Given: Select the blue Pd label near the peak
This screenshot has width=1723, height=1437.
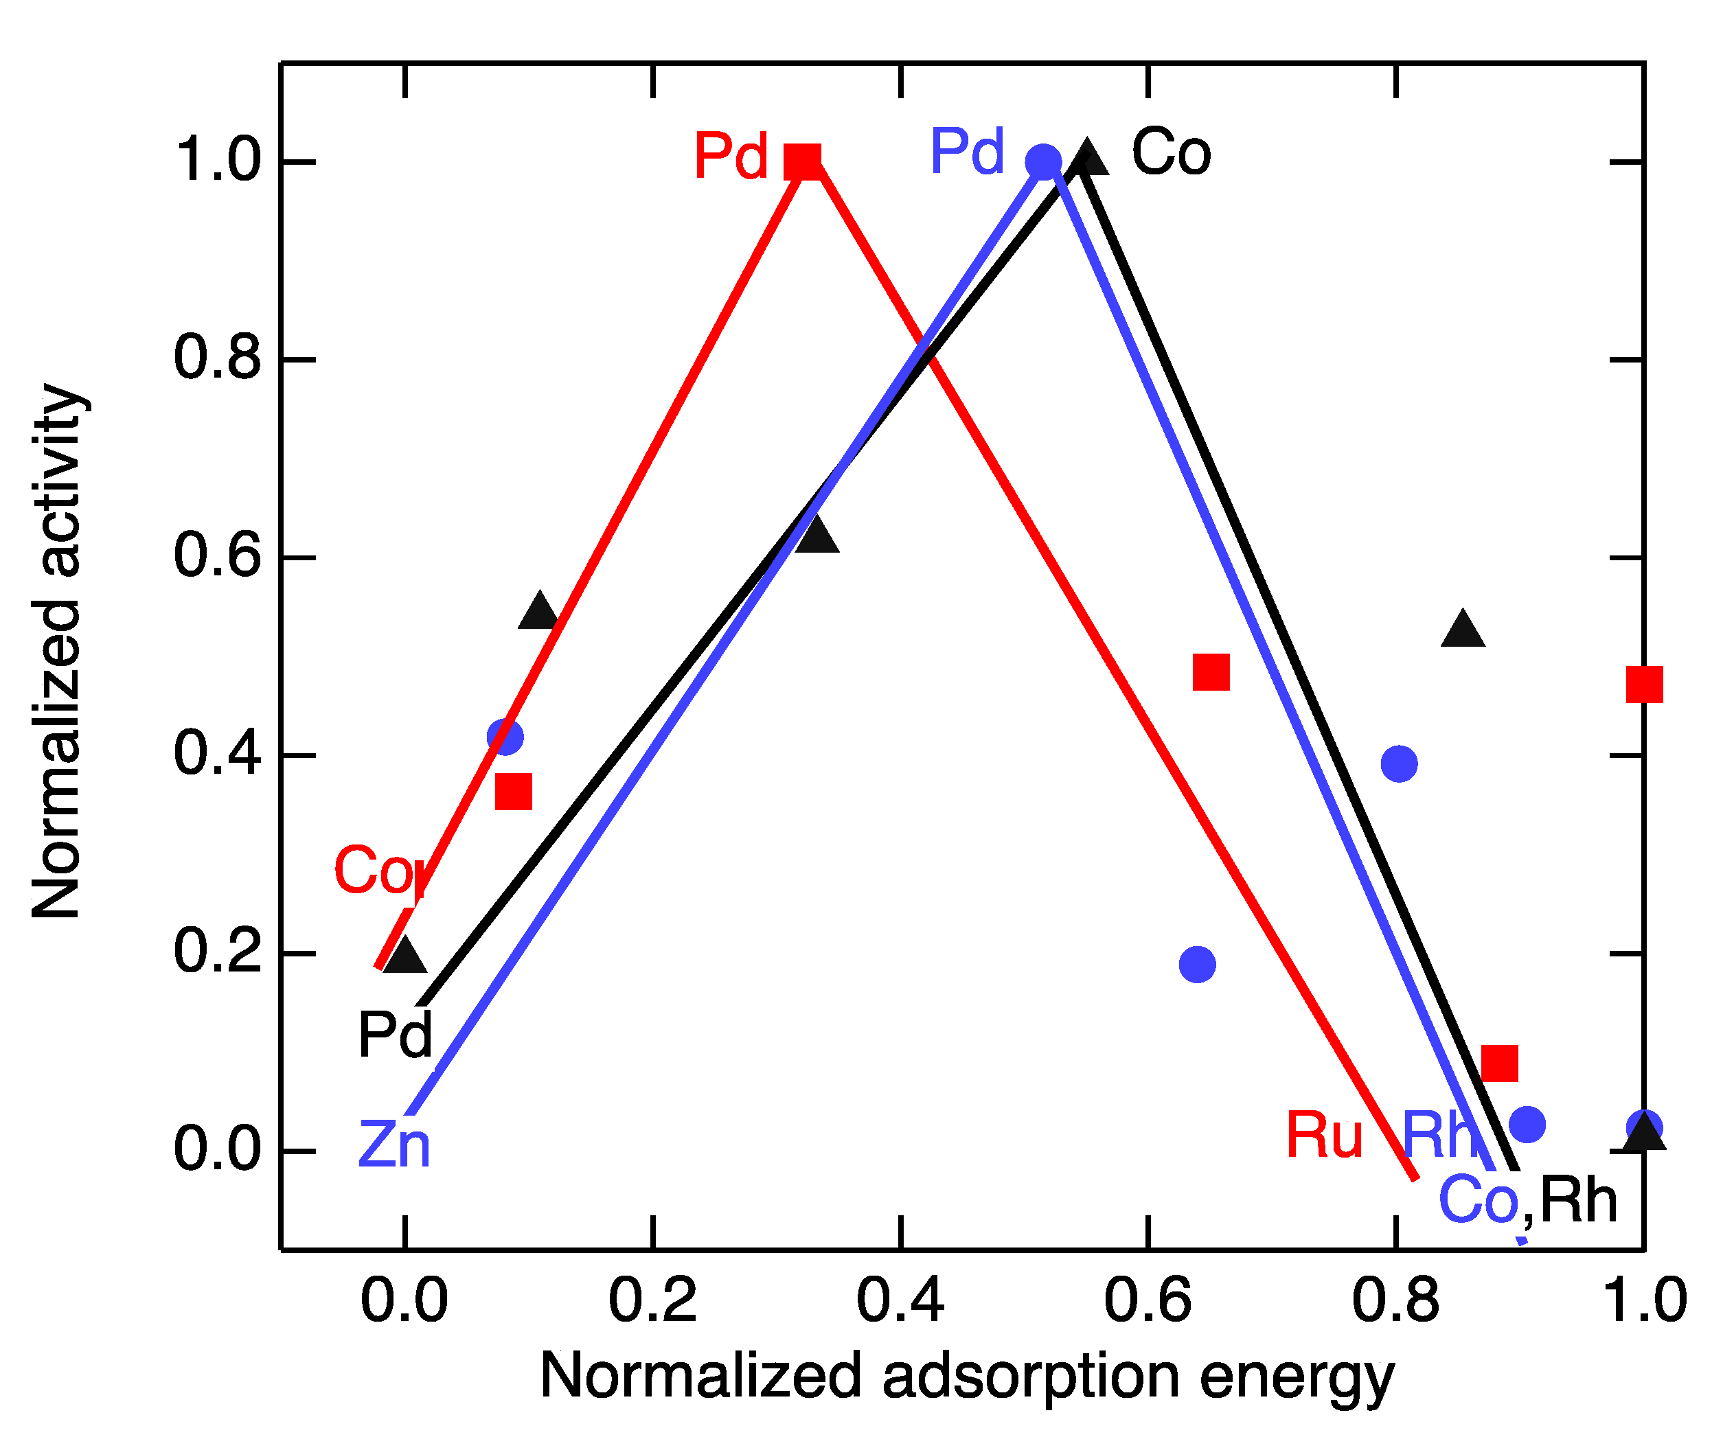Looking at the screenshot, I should tap(966, 152).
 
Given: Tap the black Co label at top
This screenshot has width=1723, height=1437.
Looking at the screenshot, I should tap(1171, 153).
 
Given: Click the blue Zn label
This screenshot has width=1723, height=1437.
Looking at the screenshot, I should tap(393, 1146).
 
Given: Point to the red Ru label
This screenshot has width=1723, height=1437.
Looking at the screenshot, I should tap(1324, 1136).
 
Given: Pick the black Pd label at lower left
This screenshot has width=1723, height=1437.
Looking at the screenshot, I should tap(395, 1035).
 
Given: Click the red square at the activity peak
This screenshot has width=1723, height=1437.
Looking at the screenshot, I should tap(802, 161).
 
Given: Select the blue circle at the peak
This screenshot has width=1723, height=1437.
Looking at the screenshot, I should tap(1043, 161).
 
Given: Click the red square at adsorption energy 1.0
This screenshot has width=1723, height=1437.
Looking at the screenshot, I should tap(1644, 685).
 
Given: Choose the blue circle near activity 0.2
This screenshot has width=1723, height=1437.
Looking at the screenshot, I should tap(1197, 965).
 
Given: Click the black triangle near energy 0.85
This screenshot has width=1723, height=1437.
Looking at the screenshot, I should tap(1463, 630).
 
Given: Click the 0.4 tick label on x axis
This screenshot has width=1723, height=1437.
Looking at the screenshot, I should tap(900, 1301).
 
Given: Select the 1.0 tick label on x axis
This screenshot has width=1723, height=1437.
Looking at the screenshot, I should tap(1643, 1301).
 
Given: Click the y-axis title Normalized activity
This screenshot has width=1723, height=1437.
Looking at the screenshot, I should tap(58, 652).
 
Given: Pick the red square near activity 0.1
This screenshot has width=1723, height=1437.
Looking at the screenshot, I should tap(1500, 1064).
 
